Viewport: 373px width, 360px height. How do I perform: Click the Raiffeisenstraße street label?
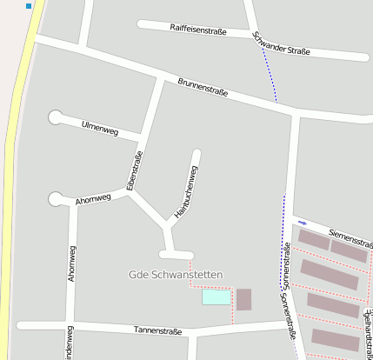click(198, 31)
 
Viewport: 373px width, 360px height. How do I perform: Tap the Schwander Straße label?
click(280, 44)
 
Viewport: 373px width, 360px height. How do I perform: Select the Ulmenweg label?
click(99, 129)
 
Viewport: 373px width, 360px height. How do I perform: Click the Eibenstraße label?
click(134, 170)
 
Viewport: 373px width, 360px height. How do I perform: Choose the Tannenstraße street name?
click(157, 330)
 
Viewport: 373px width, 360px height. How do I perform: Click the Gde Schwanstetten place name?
click(176, 275)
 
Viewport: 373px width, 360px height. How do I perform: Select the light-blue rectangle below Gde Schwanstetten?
click(216, 297)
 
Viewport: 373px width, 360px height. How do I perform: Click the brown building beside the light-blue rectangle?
click(243, 299)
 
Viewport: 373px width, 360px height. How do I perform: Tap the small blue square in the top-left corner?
click(29, 6)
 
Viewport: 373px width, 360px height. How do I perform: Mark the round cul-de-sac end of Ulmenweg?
click(57, 117)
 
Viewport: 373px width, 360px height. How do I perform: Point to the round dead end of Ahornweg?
click(57, 199)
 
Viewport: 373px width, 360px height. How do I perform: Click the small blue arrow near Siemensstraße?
click(302, 223)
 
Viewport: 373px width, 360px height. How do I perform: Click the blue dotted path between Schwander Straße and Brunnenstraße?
click(269, 74)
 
